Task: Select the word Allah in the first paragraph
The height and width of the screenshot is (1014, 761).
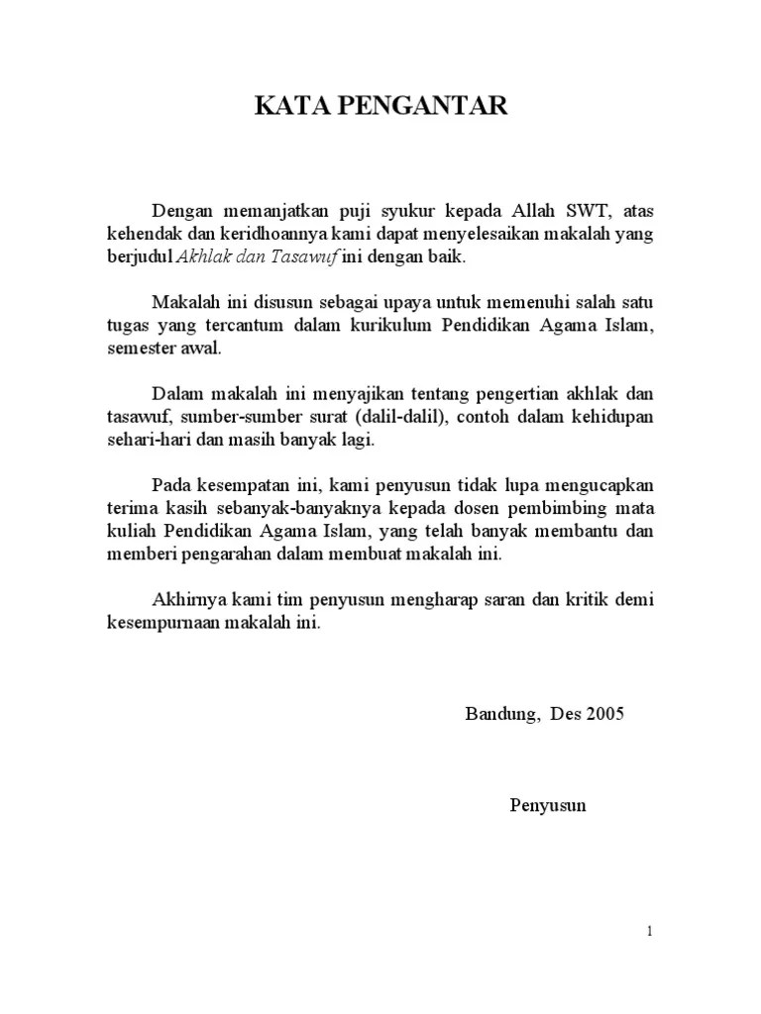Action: [511, 211]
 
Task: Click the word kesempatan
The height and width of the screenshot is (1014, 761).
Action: [242, 485]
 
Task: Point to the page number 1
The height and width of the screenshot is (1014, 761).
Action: [648, 931]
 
